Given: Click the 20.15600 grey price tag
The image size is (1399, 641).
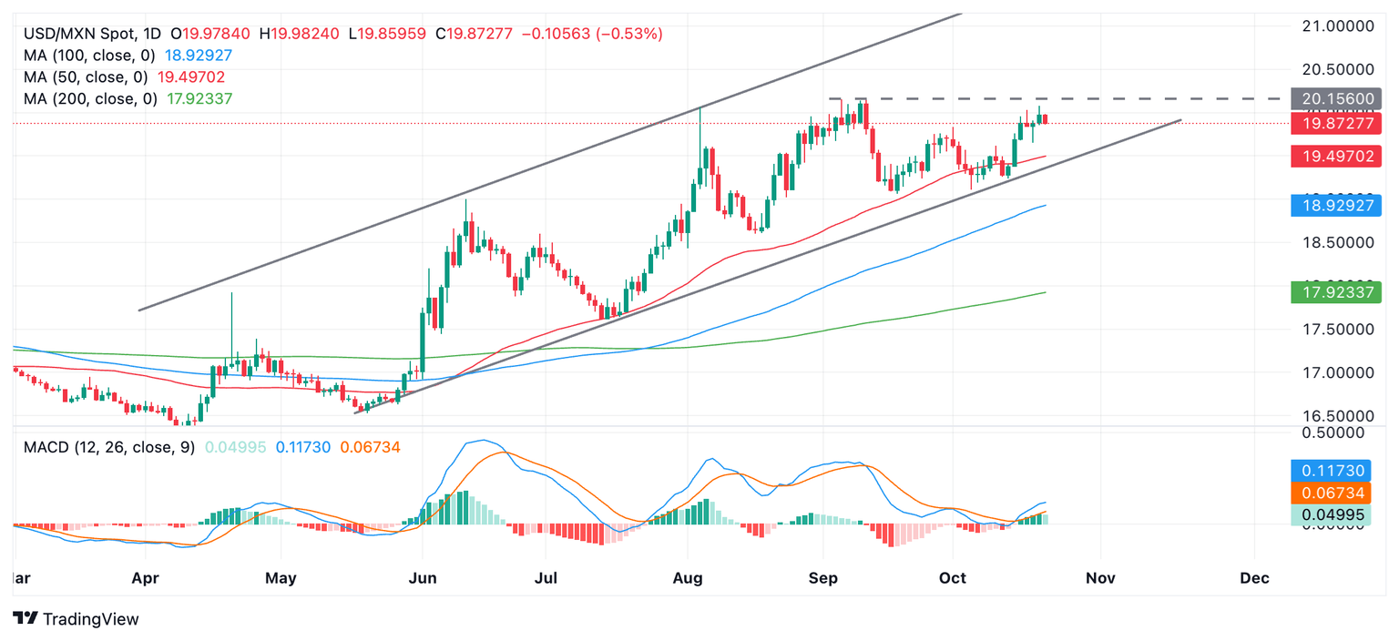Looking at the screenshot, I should click(1336, 99).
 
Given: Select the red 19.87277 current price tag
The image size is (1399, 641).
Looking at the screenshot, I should click(1336, 124).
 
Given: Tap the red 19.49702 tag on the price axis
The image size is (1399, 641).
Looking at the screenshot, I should click(1336, 157).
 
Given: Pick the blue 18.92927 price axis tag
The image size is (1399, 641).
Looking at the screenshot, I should click(1336, 206).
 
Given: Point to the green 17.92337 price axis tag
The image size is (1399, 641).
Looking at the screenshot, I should click(1336, 292).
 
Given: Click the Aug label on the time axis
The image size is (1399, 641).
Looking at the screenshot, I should click(688, 577).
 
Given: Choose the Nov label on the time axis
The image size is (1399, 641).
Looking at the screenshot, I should click(1101, 577).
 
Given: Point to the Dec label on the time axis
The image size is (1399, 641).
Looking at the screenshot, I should click(1254, 577).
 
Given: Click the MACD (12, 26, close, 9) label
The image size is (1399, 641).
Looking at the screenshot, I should click(108, 447).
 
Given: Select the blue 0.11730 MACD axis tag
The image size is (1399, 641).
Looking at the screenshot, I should click(1336, 471).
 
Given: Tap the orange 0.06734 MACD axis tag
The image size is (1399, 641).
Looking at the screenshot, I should click(1336, 493).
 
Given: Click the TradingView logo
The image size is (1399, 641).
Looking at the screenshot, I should click(77, 619).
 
